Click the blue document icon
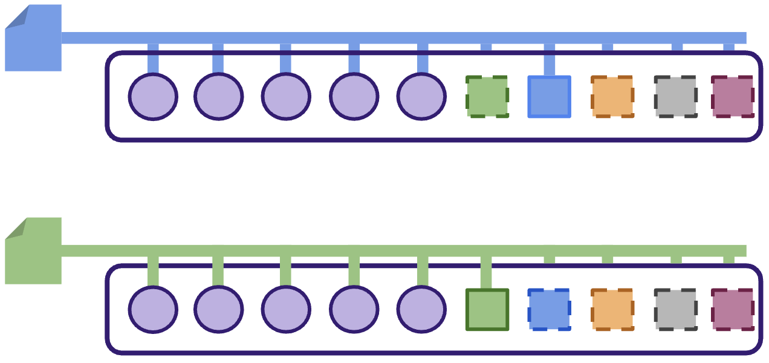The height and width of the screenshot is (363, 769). pyautogui.click(x=34, y=42)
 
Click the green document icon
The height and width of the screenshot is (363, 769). pyautogui.click(x=34, y=254)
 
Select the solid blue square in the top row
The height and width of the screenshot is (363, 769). pyautogui.click(x=549, y=97)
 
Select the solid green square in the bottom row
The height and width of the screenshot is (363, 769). pyautogui.click(x=487, y=310)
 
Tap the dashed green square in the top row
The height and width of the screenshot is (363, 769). pyautogui.click(x=487, y=97)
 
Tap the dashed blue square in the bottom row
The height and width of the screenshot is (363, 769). pyautogui.click(x=549, y=310)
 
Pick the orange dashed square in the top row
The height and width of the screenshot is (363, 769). pyautogui.click(x=612, y=97)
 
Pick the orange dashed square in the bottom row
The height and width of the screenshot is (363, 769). pyautogui.click(x=612, y=310)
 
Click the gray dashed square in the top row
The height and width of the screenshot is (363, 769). pyautogui.click(x=675, y=97)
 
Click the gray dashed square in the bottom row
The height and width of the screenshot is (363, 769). pyautogui.click(x=675, y=310)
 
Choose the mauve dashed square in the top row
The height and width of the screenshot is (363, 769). pyautogui.click(x=732, y=97)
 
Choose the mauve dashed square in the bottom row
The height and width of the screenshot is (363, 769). pyautogui.click(x=732, y=310)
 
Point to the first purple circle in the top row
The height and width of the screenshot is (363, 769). pyautogui.click(x=153, y=97)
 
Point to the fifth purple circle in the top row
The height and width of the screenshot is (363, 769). pyautogui.click(x=421, y=97)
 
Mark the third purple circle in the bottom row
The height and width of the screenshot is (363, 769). pyautogui.click(x=286, y=310)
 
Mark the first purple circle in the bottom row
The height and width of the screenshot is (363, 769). pyautogui.click(x=153, y=310)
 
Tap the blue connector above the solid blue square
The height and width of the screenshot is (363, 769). pyautogui.click(x=549, y=60)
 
